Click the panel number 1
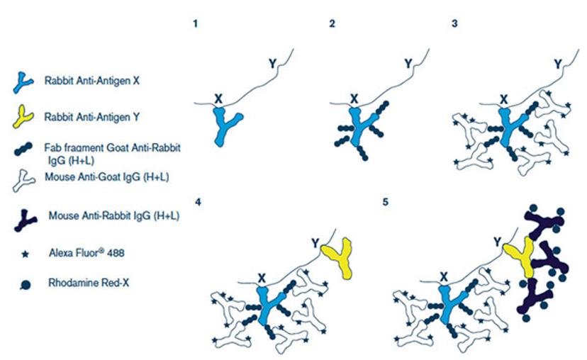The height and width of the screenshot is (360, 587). pyautogui.click(x=195, y=24)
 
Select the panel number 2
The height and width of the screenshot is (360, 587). pyautogui.click(x=332, y=24)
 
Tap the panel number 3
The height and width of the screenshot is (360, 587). pyautogui.click(x=454, y=23)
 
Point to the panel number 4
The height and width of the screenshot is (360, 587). pyautogui.click(x=198, y=202)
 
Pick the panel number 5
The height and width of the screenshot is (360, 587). pyautogui.click(x=385, y=202)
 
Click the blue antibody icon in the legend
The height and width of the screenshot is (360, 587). pyautogui.click(x=22, y=82)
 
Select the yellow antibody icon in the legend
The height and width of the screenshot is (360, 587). pyautogui.click(x=22, y=118)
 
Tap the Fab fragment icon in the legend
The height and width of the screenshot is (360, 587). pyautogui.click(x=23, y=149)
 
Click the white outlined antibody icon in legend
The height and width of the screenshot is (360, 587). pyautogui.click(x=23, y=181)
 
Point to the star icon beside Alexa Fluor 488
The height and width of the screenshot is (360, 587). pyautogui.click(x=25, y=254)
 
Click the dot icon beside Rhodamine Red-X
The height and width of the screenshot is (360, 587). pyautogui.click(x=25, y=286)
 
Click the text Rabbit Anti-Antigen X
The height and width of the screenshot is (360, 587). pyautogui.click(x=91, y=81)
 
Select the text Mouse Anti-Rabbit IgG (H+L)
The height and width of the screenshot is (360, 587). pyautogui.click(x=114, y=216)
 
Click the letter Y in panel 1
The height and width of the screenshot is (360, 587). pyautogui.click(x=272, y=64)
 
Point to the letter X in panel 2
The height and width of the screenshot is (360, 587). pyautogui.click(x=354, y=99)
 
